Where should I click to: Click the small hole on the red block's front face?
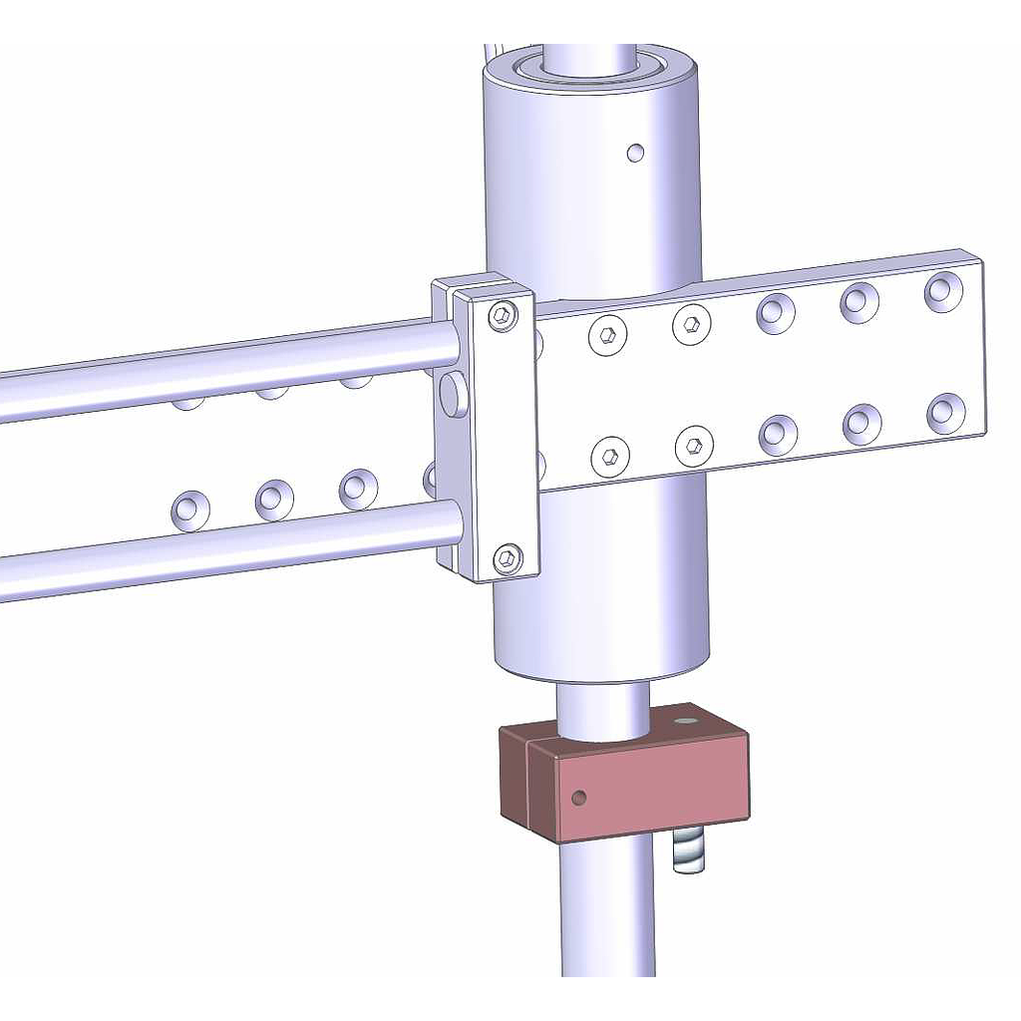click(578, 798)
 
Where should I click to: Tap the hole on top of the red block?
click(684, 718)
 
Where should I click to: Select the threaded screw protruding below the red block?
click(688, 852)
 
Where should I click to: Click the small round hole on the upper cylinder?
click(635, 153)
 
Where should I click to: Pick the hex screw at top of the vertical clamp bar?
click(505, 316)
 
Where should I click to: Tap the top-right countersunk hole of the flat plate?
click(943, 291)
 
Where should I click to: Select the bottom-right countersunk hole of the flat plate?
click(945, 413)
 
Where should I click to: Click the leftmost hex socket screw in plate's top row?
click(607, 336)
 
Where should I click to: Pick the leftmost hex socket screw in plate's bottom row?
click(609, 457)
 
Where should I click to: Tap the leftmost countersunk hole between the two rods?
click(190, 510)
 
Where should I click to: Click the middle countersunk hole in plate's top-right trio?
click(859, 302)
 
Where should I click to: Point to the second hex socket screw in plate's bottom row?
click(694, 446)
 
